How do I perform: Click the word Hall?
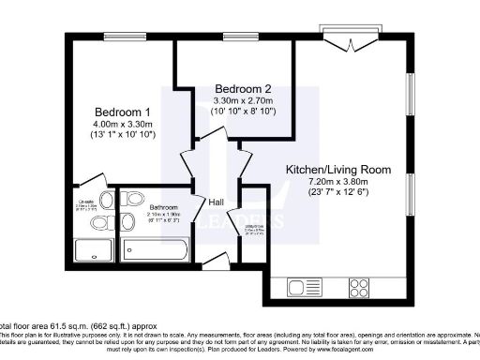215,201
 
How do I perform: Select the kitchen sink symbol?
306,286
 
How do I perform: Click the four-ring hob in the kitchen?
359,285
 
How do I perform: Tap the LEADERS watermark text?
240,222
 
